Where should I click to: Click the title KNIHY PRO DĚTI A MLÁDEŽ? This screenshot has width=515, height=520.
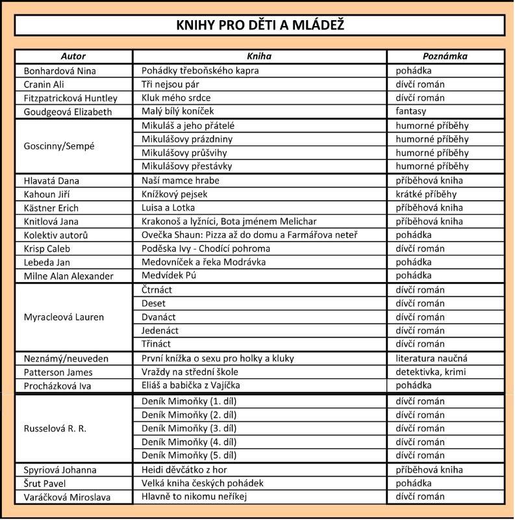[260, 25]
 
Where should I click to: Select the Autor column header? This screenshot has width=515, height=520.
[73, 57]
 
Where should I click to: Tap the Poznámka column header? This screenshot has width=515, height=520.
[445, 57]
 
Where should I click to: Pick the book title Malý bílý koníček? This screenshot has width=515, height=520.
[177, 111]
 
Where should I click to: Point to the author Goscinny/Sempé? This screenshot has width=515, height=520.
[59, 146]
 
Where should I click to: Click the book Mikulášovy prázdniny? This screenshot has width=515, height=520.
[187, 139]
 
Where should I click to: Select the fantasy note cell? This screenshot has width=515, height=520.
[411, 111]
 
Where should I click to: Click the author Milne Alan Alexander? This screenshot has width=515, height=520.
[68, 276]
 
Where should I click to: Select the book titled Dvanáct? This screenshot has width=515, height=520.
[157, 317]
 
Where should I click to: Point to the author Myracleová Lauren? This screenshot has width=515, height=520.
[64, 317]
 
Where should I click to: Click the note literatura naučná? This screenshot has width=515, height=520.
[431, 358]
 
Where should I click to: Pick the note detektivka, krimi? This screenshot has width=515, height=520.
[431, 372]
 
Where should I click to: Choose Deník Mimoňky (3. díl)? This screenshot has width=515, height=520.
[189, 428]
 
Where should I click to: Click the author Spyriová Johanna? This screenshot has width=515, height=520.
[60, 470]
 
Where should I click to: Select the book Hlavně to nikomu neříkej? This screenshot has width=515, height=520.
[195, 497]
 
